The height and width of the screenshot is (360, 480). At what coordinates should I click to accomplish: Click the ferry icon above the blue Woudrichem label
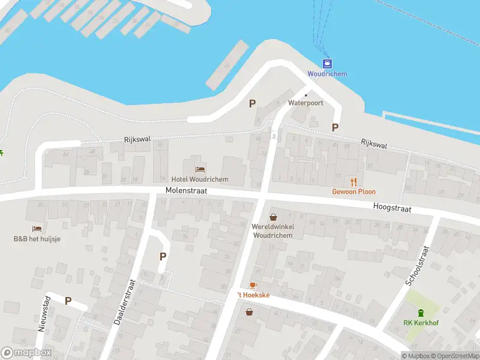(328, 64)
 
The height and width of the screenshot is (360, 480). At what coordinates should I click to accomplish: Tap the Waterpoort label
(305, 103)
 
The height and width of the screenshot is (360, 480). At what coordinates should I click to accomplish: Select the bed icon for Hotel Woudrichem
(200, 169)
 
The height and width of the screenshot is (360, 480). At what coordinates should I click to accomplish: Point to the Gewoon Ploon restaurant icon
(354, 181)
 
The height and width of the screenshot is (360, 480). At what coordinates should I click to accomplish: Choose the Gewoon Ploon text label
(354, 192)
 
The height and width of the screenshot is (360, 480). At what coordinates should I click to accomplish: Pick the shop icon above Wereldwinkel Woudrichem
(273, 217)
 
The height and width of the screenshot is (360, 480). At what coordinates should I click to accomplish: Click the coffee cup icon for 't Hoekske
(253, 285)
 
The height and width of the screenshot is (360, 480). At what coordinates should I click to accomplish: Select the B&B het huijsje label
(37, 239)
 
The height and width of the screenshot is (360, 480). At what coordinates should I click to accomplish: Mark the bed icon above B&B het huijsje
(37, 229)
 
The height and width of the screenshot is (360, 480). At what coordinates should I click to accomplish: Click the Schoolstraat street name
(418, 265)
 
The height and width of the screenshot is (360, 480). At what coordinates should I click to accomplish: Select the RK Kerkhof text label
(420, 323)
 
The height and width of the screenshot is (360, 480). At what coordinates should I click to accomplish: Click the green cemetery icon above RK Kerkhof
(421, 312)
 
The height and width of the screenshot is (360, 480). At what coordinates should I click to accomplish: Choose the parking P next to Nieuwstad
(68, 301)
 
